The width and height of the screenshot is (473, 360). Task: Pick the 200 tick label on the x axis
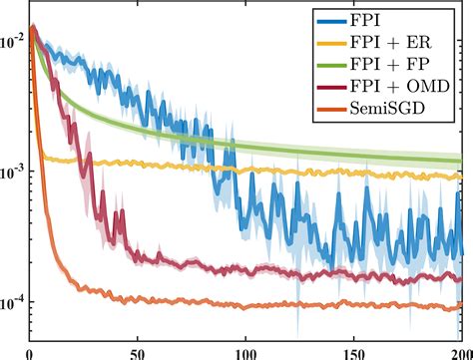(x=460, y=352)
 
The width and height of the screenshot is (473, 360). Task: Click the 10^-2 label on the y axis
(x=14, y=42)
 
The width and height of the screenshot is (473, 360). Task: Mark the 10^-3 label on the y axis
(x=14, y=173)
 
